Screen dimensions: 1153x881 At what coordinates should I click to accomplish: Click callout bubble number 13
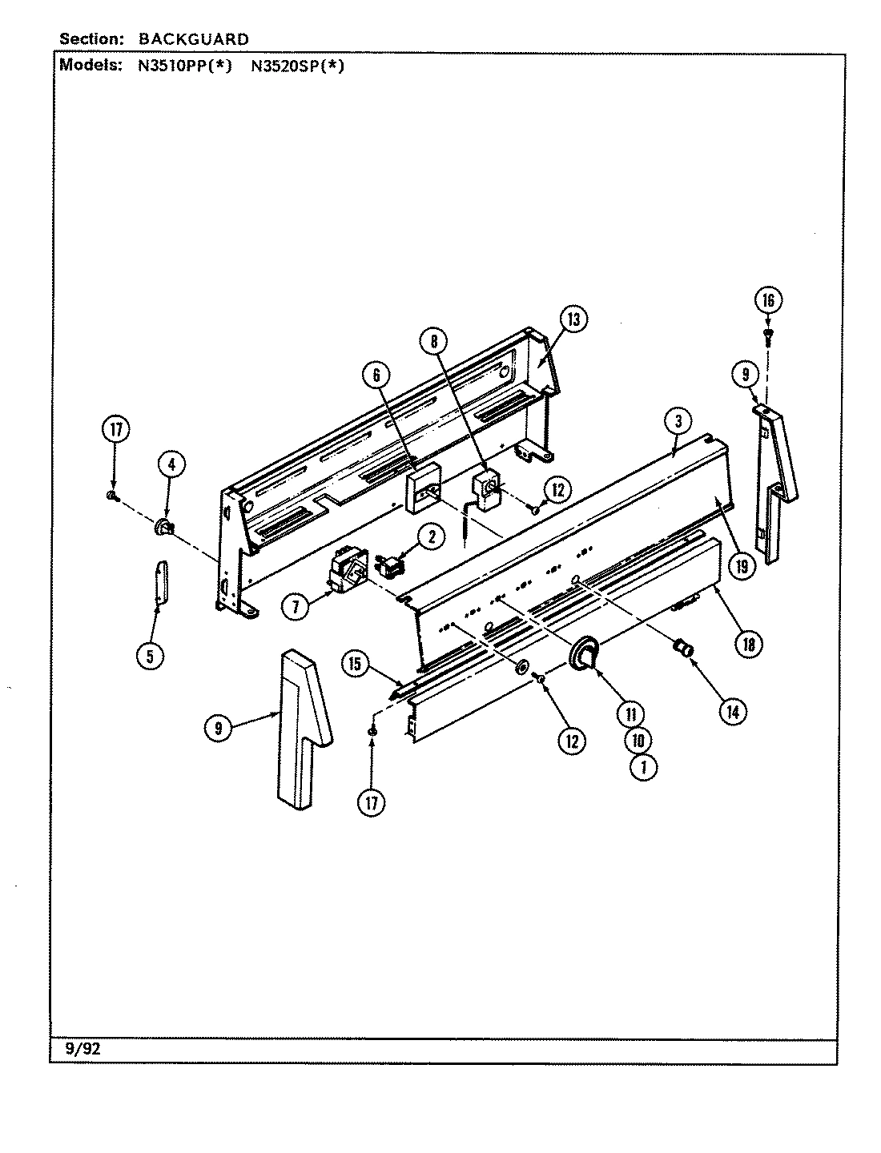click(573, 319)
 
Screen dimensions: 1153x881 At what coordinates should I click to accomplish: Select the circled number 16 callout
click(768, 300)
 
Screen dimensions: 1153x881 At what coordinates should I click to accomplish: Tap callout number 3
click(678, 421)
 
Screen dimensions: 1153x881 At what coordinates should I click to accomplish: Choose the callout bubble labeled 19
click(742, 567)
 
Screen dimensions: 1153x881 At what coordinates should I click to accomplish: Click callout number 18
click(748, 643)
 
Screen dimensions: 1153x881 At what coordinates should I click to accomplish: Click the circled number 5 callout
click(150, 656)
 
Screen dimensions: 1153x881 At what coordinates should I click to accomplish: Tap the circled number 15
click(356, 663)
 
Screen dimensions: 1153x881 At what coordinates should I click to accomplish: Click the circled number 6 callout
click(376, 374)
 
